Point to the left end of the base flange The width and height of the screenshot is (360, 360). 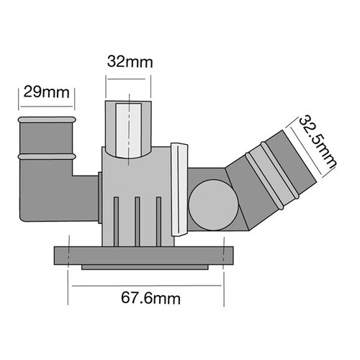click(x=60, y=255)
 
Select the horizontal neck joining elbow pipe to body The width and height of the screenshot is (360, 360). click(x=85, y=189)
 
